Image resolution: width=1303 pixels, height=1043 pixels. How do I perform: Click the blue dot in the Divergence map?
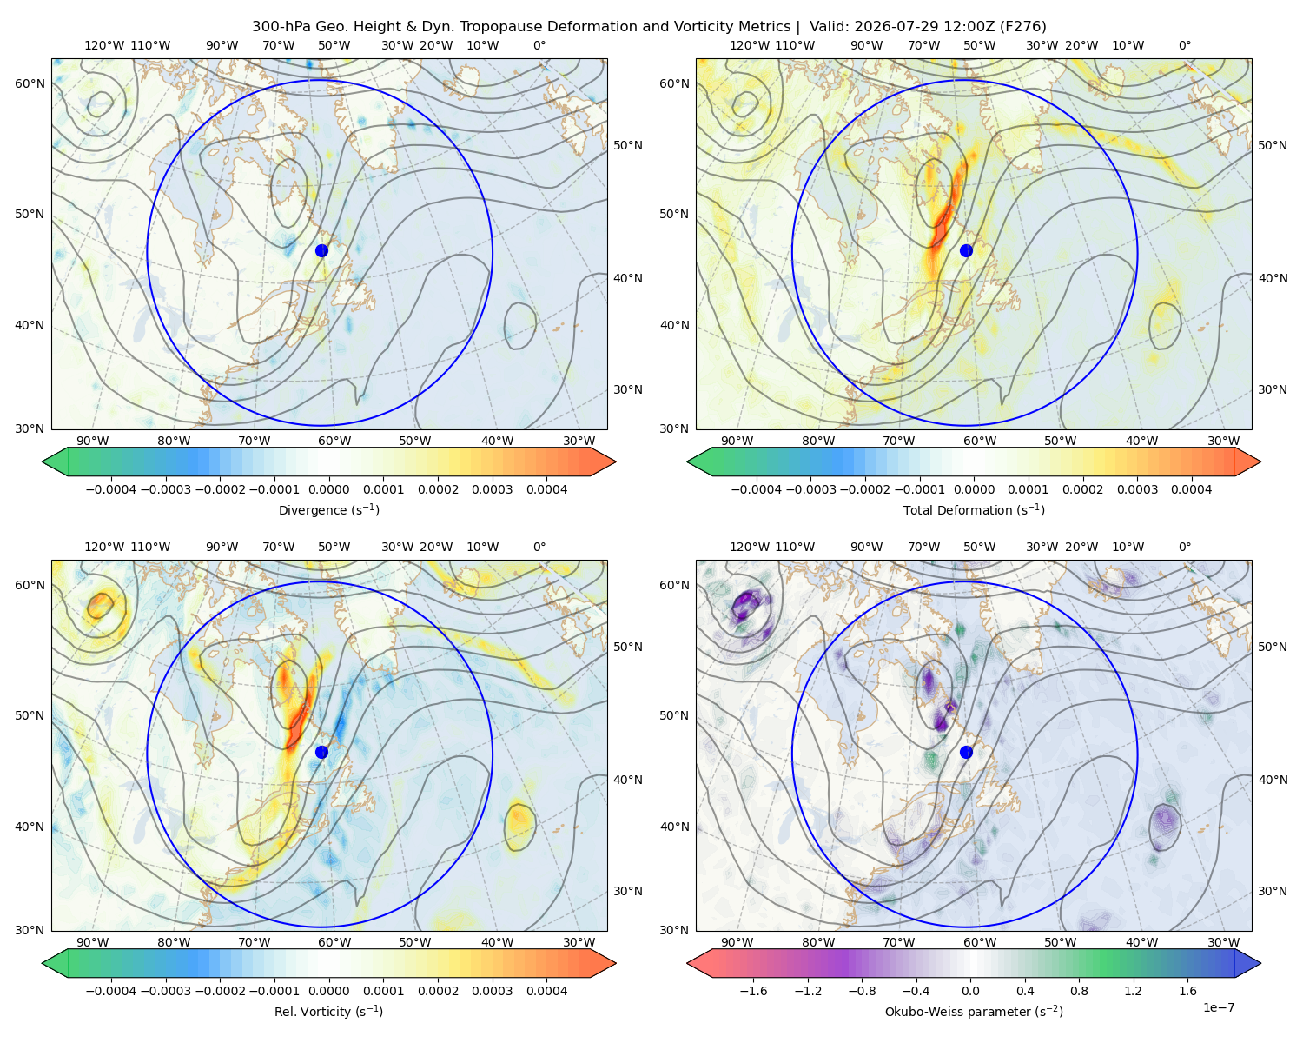tap(321, 250)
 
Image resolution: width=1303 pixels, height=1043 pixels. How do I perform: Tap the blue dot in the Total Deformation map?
tap(966, 250)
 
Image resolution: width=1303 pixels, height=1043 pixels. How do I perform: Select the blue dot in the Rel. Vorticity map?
tap(321, 752)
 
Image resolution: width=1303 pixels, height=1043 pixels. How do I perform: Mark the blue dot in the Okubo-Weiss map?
tap(966, 752)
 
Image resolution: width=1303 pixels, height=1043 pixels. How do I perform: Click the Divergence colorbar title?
tap(328, 509)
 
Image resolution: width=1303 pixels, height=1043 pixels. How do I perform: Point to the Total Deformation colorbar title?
tap(974, 509)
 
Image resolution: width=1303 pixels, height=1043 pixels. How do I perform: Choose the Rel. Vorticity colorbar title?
tap(328, 1011)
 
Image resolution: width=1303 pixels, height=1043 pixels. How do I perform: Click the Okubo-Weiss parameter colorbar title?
tap(974, 1011)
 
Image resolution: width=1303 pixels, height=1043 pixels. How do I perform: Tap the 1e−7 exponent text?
tap(1218, 1007)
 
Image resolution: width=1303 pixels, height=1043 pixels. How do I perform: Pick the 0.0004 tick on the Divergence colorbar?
tap(546, 489)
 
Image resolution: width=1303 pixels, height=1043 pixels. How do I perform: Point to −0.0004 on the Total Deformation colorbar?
tap(757, 489)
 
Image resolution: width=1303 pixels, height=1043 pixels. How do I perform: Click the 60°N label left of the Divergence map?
tap(30, 83)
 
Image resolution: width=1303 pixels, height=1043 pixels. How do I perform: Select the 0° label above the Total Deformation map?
tap(1184, 45)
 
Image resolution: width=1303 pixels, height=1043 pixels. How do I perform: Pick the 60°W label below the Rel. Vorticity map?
tap(334, 942)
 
